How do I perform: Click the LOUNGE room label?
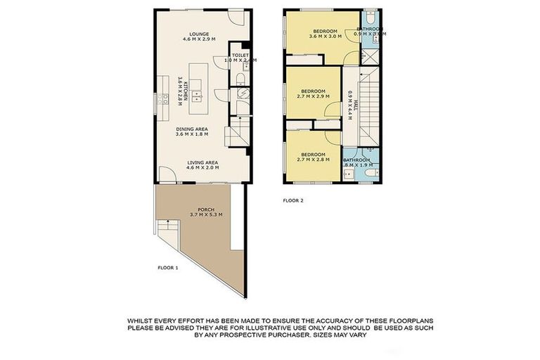pos(200,32)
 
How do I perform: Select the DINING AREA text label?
pos(200,129)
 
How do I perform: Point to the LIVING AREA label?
pos(200,162)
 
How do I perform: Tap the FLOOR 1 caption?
pos(167,267)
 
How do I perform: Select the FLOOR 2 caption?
pos(292,200)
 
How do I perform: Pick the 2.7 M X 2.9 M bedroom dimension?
pos(313,98)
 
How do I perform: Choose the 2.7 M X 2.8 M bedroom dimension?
pos(313,160)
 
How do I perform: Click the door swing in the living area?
pos(165,175)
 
